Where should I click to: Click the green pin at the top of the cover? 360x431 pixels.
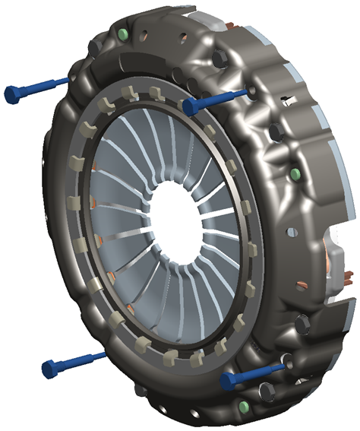click(123, 33)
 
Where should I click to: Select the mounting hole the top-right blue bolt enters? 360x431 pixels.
click(251, 92)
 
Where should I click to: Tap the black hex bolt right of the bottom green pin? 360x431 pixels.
click(267, 391)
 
